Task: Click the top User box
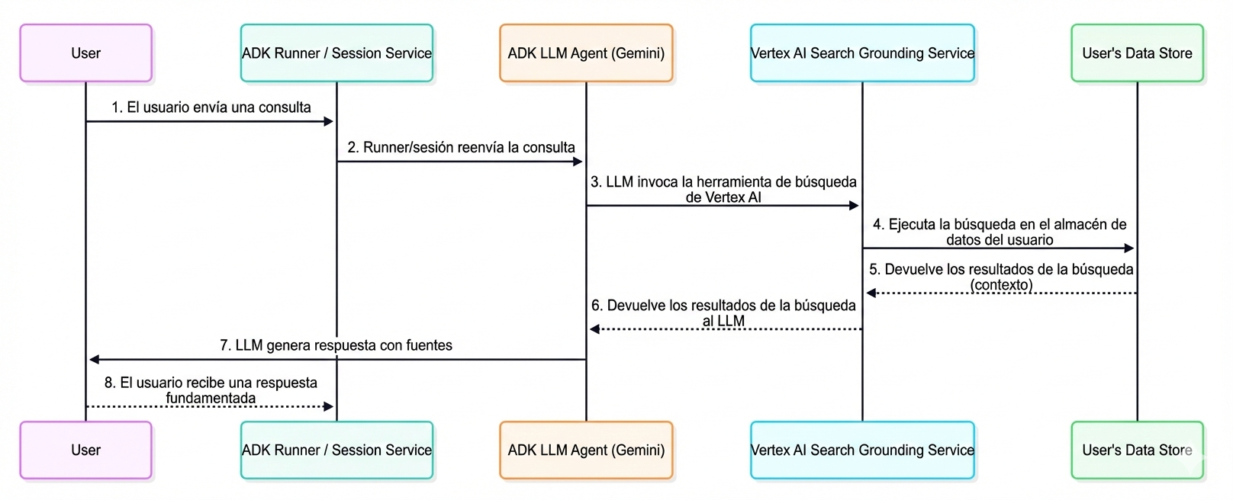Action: tap(85, 53)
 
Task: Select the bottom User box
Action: tap(85, 450)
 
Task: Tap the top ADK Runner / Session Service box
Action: tap(336, 53)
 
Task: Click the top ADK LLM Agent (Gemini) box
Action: tap(586, 53)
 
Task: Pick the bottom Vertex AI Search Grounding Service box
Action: tap(862, 450)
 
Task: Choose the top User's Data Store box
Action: tap(1137, 53)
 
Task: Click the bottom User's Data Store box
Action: tap(1137, 450)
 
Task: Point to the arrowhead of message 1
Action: tap(329, 121)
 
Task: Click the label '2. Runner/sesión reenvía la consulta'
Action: tap(461, 147)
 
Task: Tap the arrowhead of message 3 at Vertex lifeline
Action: tap(855, 206)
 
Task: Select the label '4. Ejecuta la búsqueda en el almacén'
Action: tap(1000, 224)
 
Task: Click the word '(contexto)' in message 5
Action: tap(1001, 285)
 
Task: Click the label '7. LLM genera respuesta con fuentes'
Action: tap(336, 345)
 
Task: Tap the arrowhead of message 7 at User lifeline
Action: tap(94, 359)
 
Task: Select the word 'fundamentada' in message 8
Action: tap(211, 398)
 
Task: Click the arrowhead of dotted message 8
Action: tap(329, 406)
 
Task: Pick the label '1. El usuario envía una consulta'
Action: tap(211, 107)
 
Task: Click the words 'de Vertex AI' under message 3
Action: tap(723, 197)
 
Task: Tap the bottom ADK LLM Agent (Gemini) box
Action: tap(586, 450)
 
